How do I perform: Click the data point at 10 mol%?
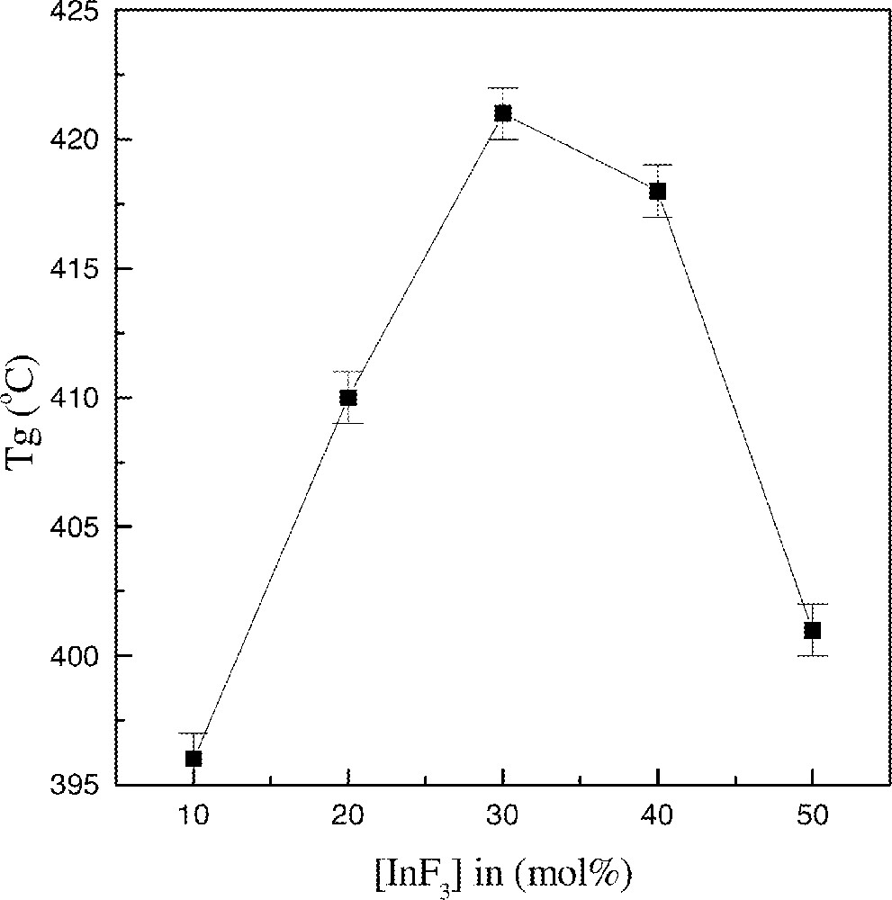[x=194, y=759]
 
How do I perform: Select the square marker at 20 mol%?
[x=348, y=398]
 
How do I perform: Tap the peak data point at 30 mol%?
[x=503, y=113]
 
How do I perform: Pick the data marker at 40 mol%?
[x=658, y=191]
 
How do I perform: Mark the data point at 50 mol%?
[x=812, y=630]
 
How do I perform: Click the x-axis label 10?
[x=194, y=817]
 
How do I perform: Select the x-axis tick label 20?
[x=348, y=817]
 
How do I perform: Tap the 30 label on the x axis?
[x=503, y=817]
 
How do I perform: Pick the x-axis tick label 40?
[x=658, y=817]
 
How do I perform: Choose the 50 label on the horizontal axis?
[x=812, y=817]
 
